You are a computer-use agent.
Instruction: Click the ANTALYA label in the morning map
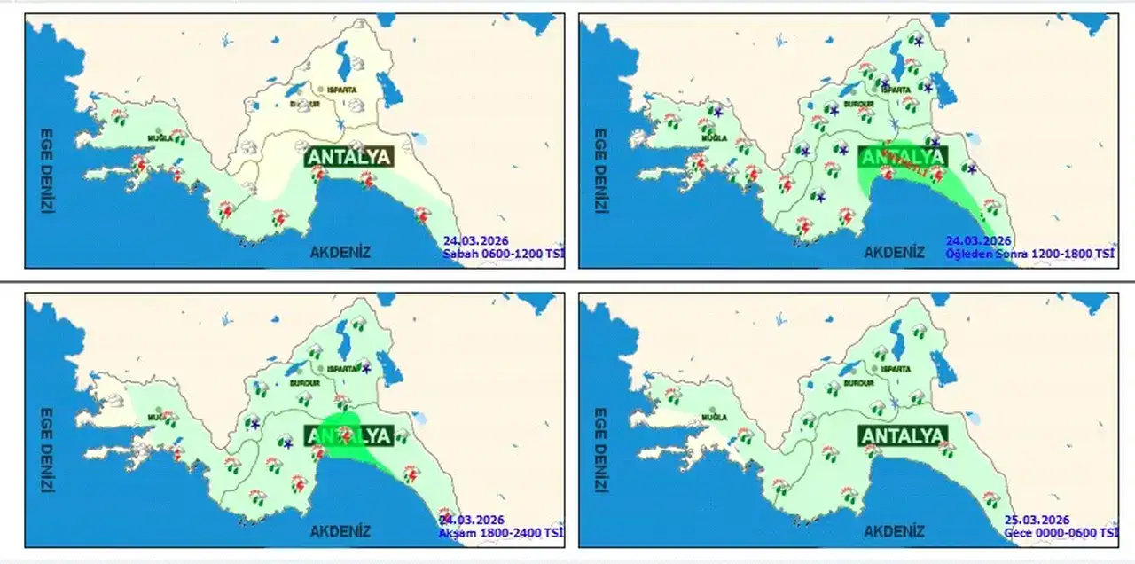coord(348,157)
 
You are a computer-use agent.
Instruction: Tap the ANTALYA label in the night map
coord(903,435)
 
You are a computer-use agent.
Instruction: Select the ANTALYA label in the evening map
coord(348,435)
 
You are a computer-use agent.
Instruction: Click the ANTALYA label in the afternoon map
coord(903,157)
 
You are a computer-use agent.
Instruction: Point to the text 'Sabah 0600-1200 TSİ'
coord(503,253)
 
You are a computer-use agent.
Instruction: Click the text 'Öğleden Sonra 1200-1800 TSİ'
coord(1029,253)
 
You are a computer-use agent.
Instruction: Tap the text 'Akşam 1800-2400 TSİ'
coord(500,532)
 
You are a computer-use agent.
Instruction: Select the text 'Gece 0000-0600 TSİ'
coord(1061,532)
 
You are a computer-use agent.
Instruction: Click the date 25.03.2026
coord(1037,520)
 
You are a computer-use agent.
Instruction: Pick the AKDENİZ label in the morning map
coord(340,253)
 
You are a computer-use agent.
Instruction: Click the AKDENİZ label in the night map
coord(894,532)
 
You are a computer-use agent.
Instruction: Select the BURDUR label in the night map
coord(859,383)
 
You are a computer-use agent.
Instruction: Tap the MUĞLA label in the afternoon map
coord(715,138)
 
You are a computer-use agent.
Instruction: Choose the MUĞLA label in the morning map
coord(160,139)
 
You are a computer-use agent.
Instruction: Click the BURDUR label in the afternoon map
coord(858,105)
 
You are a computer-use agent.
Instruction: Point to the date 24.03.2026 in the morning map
coord(474,240)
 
